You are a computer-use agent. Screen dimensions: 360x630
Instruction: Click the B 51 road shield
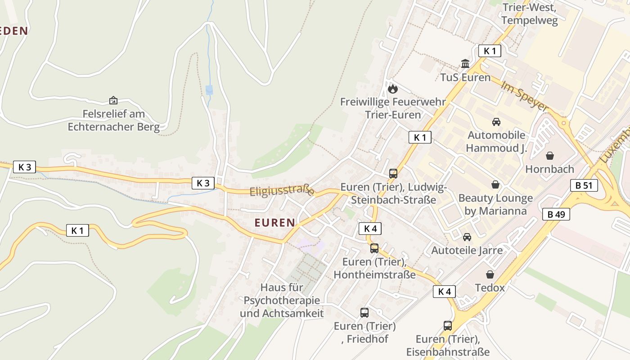584,185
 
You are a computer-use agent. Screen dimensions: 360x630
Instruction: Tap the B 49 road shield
556,214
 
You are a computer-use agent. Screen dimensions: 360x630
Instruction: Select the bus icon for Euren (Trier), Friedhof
364,312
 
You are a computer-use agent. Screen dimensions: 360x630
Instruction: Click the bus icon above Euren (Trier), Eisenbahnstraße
447,325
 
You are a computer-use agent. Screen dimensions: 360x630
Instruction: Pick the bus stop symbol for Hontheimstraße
374,248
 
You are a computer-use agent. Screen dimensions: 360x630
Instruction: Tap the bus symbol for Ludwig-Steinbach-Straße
393,174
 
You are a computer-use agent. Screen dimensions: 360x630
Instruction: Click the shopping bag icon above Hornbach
549,156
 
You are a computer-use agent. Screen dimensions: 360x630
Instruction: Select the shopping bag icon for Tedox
490,274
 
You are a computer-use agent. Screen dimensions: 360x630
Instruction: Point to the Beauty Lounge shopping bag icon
495,184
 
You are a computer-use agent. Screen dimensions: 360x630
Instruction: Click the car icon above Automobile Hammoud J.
496,121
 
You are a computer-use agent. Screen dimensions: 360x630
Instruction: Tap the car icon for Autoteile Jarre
467,237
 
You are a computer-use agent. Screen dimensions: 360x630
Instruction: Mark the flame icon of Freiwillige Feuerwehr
393,89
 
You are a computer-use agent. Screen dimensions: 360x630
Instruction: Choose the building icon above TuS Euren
465,64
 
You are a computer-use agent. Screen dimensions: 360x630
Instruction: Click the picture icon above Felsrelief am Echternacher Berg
113,100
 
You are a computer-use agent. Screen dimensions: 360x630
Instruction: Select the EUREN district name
274,222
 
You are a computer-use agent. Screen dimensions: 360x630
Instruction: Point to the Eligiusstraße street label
282,190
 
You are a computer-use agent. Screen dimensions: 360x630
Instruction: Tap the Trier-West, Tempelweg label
529,14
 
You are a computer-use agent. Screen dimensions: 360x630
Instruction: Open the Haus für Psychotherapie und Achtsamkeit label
282,300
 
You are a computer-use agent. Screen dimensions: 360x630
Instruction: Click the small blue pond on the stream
209,90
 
